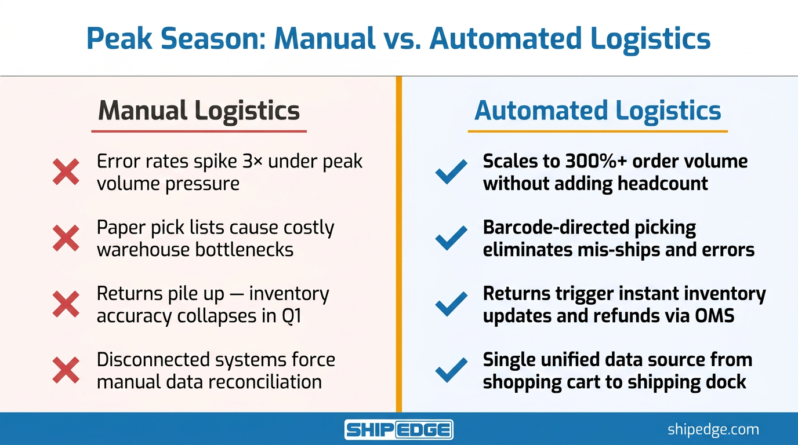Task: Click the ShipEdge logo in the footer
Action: point(398,429)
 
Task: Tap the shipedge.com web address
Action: point(713,430)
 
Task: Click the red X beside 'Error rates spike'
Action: point(66,172)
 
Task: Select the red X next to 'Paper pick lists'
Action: point(66,238)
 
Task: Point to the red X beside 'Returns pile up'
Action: point(66,304)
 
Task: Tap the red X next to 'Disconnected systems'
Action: point(66,370)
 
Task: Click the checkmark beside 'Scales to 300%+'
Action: point(451,172)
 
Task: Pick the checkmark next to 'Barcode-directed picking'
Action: point(451,238)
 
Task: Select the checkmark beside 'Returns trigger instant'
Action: point(451,304)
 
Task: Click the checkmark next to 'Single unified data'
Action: point(451,370)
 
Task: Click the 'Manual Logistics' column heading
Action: point(199,111)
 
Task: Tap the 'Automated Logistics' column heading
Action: point(597,111)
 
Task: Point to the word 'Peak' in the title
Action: point(119,38)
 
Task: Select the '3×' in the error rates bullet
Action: point(252,162)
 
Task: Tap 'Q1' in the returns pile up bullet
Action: point(291,316)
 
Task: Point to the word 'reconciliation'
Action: point(264,382)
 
